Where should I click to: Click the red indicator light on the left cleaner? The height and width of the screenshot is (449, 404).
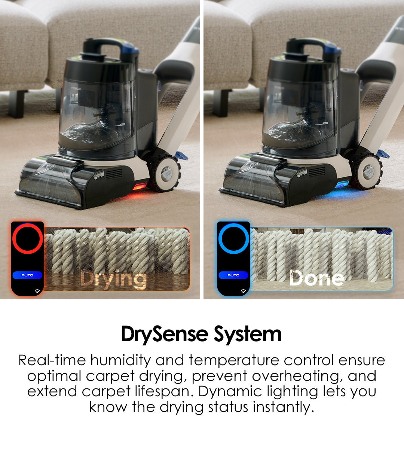coord(139,186)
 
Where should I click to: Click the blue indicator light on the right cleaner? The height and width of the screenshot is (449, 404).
coord(343,185)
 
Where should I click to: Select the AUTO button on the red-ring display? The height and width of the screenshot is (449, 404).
coord(27,275)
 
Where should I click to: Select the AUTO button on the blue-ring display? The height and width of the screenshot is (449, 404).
coord(233,275)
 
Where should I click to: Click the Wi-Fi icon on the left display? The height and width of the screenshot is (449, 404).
coord(37,291)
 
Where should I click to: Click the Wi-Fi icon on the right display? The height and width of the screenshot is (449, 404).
coord(243,291)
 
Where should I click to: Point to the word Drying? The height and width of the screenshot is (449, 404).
coord(113,280)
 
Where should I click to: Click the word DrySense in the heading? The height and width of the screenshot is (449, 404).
coord(165,335)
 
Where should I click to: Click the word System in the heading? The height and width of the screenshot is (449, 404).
coord(248,335)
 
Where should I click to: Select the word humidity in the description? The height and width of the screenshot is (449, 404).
coord(120,361)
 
